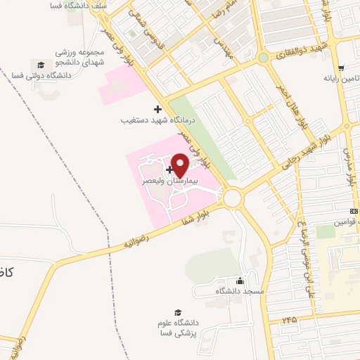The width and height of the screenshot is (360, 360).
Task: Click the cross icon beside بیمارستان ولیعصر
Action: tap(169, 169)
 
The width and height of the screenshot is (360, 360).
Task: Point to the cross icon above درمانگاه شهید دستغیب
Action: tap(157, 109)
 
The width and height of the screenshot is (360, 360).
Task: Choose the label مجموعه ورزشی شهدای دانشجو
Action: tap(79, 58)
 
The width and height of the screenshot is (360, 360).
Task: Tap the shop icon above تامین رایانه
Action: tap(341, 68)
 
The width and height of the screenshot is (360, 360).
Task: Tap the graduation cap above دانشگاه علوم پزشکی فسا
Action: tap(178, 313)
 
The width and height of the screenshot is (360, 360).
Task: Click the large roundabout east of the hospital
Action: tap(233, 199)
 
